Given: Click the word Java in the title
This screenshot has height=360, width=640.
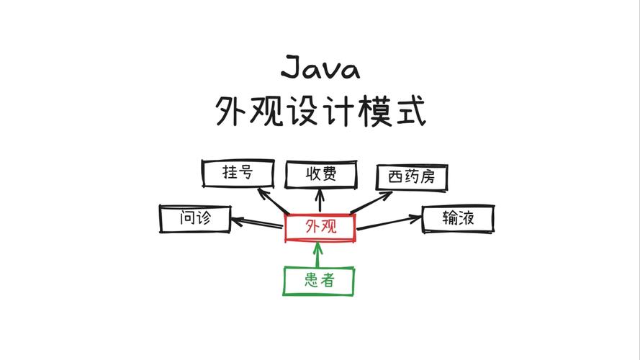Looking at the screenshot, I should coord(320,68).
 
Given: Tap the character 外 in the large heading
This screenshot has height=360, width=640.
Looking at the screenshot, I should coord(233,112).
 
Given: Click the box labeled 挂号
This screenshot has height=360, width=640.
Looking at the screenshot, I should coord(238,173).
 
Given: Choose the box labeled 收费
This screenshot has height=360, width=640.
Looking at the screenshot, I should coord(320,175).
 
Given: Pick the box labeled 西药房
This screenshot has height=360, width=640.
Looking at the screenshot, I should coord(412,177).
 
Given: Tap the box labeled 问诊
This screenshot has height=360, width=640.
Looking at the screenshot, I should coord(195,217).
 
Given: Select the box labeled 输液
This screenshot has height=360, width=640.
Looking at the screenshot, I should coord(458,217).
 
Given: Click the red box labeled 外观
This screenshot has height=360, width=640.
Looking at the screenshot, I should coord(320,228).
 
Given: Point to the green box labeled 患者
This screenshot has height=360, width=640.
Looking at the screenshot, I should coord(319,280).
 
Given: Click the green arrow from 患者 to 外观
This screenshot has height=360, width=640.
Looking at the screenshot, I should coord(318,255).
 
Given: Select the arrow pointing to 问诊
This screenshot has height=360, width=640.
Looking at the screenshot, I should coord(256,222).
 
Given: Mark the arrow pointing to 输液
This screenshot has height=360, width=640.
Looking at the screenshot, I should coord(389,222).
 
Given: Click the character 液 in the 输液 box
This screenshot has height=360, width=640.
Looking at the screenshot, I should coord(467,217).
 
